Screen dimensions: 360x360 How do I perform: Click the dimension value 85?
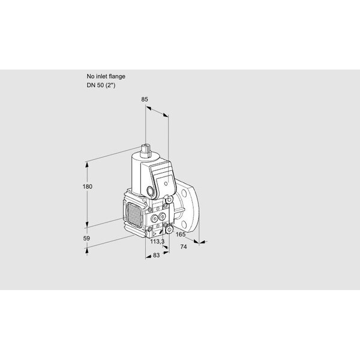(145, 99)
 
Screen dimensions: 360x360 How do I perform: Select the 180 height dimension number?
(88, 187)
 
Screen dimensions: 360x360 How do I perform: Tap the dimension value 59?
(86, 238)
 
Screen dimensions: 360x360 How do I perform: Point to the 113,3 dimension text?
(157, 241)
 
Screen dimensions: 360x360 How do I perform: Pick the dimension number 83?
(156, 255)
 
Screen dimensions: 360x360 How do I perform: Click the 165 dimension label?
(181, 235)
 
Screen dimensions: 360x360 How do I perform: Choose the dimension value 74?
(184, 247)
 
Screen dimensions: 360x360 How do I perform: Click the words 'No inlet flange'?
(106, 76)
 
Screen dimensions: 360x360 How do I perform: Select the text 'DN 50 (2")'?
(101, 85)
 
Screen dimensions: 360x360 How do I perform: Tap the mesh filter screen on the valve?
(134, 212)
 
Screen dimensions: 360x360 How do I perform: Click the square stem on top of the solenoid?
(145, 150)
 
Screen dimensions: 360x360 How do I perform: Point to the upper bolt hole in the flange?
(185, 193)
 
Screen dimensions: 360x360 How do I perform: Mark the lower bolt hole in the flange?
(184, 224)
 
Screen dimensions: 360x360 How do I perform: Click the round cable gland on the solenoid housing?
(151, 191)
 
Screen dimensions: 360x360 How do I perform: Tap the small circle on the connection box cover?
(166, 184)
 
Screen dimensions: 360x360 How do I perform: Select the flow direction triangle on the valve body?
(155, 234)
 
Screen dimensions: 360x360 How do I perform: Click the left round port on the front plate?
(154, 218)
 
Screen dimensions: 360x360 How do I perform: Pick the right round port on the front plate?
(163, 216)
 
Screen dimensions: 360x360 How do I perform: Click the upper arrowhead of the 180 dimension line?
(87, 164)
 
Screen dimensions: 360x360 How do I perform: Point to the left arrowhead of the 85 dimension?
(149, 107)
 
